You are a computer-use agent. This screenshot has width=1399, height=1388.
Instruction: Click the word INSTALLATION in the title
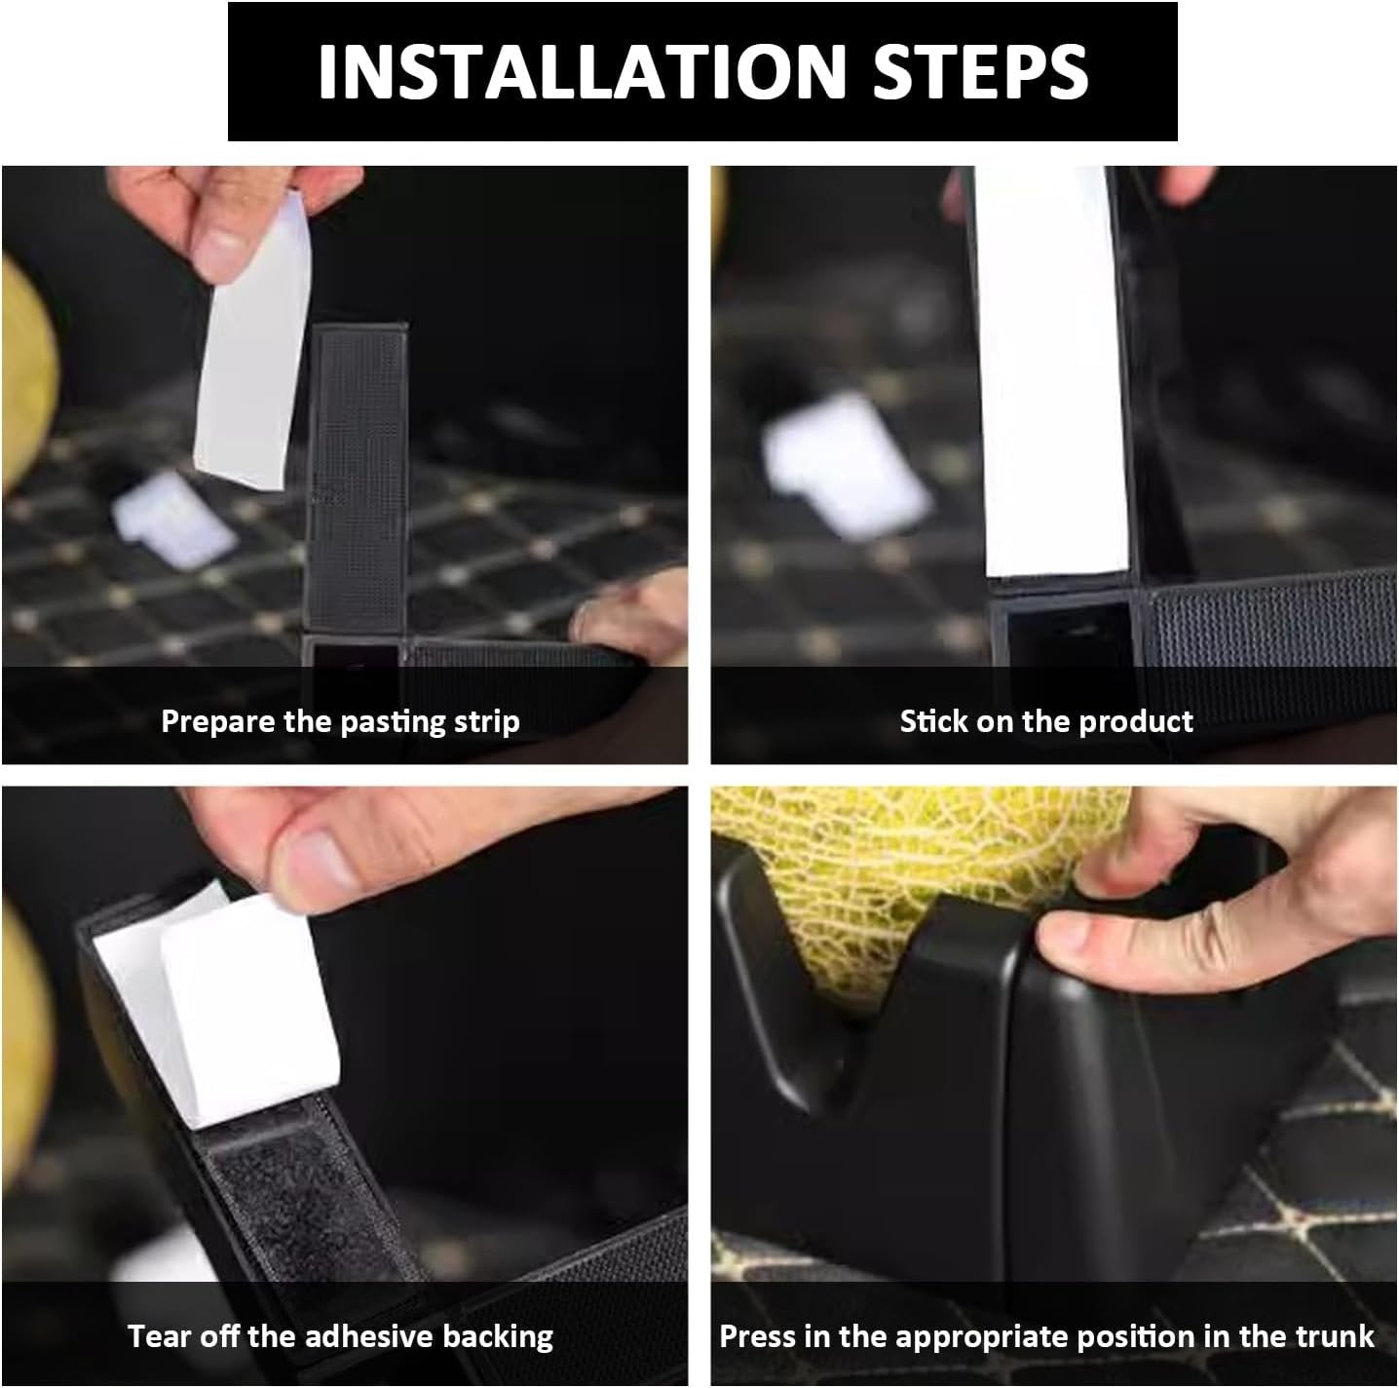(x=582, y=70)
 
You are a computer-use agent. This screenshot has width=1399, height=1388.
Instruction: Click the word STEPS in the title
(x=979, y=70)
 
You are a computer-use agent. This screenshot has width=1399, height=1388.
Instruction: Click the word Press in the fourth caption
(x=756, y=1336)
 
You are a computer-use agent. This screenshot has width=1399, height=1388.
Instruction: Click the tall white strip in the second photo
(x=1050, y=370)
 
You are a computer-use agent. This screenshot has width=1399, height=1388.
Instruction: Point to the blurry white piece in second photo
(x=846, y=465)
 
